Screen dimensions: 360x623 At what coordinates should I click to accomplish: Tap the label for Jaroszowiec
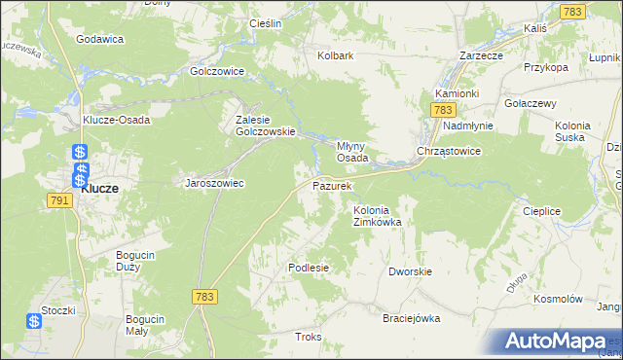tap(214, 182)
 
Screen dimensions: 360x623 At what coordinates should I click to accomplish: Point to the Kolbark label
tap(335, 56)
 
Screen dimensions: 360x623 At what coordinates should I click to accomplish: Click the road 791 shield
tap(57, 199)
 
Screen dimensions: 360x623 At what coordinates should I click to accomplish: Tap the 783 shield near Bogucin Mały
tap(203, 297)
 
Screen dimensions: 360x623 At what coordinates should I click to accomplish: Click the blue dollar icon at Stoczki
tap(34, 320)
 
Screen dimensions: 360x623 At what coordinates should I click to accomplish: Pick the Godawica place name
tap(99, 39)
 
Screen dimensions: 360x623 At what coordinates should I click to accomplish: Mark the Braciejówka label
tap(412, 318)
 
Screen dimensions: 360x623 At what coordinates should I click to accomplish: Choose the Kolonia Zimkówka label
tap(378, 215)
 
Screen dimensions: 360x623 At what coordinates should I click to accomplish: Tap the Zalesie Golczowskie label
tap(258, 126)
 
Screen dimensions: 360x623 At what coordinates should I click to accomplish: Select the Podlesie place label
tap(309, 268)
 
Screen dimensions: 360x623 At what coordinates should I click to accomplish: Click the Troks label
tap(308, 337)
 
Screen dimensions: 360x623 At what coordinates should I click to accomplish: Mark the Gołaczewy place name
tap(530, 103)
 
